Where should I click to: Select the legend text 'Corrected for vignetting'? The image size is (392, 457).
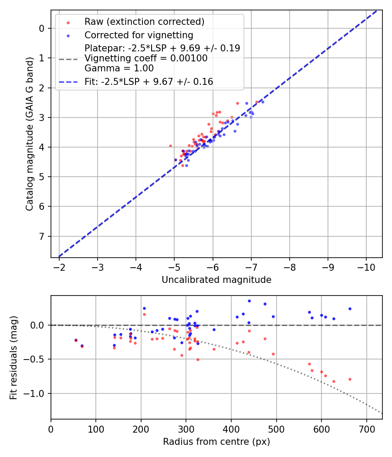pyautogui.click(x=139, y=35)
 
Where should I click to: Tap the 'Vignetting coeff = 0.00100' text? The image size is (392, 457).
pyautogui.click(x=146, y=58)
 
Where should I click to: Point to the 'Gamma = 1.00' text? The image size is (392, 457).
pyautogui.click(x=119, y=68)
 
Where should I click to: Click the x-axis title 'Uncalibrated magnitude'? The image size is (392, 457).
pyautogui.click(x=216, y=280)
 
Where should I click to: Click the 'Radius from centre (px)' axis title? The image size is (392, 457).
pyautogui.click(x=216, y=442)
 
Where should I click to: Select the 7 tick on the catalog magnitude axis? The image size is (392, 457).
pyautogui.click(x=42, y=236)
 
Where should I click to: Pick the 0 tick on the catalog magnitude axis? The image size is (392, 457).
pyautogui.click(x=42, y=28)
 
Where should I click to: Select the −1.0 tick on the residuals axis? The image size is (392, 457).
pyautogui.click(x=37, y=393)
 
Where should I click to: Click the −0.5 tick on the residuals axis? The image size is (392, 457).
pyautogui.click(x=37, y=359)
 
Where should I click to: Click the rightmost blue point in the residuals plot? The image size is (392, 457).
pyautogui.click(x=350, y=309)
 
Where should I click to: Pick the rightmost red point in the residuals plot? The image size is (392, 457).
pyautogui.click(x=350, y=379)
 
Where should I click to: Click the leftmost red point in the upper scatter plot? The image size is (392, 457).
pyautogui.click(x=170, y=146)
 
